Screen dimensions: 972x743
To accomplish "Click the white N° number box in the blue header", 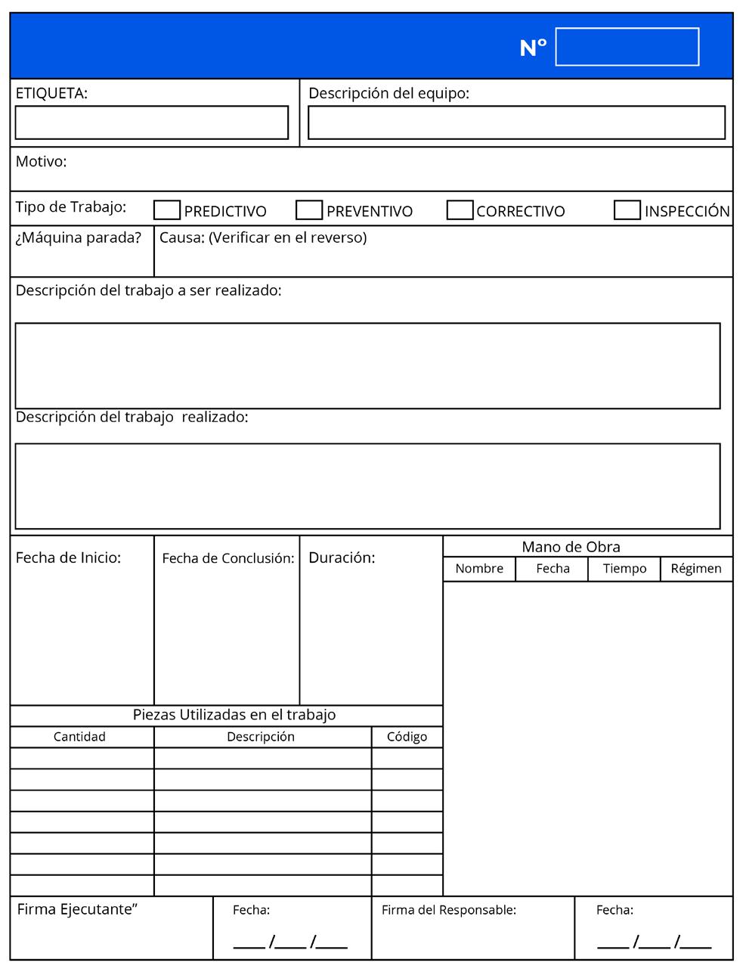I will click(627, 47).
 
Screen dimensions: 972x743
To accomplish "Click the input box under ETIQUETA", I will click(151, 123).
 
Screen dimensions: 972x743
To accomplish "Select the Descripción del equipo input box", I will click(516, 123).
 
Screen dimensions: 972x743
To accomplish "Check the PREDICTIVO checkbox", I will click(166, 210).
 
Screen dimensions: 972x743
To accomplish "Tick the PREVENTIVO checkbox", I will click(308, 210).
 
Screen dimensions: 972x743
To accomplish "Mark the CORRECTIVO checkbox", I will click(460, 210).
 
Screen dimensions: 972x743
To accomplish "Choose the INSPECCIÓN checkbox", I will click(627, 210).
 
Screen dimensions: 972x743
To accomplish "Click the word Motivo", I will click(41, 161).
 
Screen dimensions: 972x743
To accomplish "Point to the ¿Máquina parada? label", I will click(79, 238).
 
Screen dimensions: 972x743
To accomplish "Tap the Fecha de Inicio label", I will click(68, 558).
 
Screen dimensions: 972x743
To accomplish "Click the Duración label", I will click(342, 558).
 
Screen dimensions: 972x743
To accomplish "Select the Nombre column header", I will click(479, 569).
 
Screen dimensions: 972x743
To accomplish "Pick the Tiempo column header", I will click(624, 569).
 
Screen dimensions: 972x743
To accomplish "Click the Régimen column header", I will click(696, 569).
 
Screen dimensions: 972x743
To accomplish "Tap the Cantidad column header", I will click(79, 737).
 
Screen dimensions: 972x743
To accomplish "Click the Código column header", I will click(407, 737).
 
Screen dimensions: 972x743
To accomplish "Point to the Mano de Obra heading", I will click(571, 547).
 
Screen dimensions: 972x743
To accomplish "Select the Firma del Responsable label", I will click(448, 910).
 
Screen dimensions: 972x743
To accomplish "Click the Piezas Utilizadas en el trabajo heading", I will click(234, 715).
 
